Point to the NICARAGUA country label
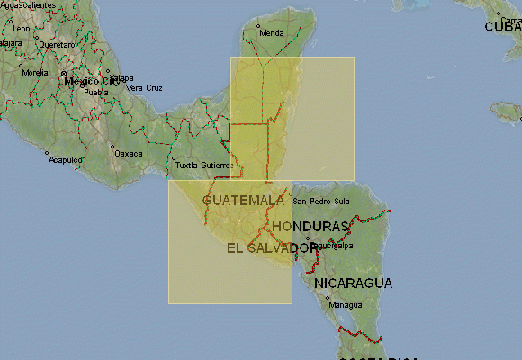[353, 283]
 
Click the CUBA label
[503, 27]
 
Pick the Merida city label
[271, 33]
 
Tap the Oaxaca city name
[129, 153]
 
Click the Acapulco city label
[66, 160]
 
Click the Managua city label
[346, 304]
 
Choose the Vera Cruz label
[145, 87]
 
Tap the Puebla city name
[95, 92]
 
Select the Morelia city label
[35, 72]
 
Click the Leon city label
[21, 29]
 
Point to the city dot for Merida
[257, 25]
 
